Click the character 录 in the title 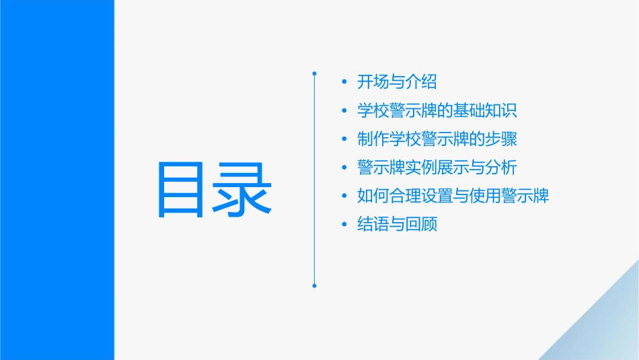pyautogui.click(x=243, y=189)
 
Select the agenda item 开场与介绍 pyautogui.click(x=397, y=82)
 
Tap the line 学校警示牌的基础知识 pyautogui.click(x=437, y=111)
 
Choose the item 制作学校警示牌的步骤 pyautogui.click(x=437, y=139)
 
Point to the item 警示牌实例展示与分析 pyautogui.click(x=437, y=168)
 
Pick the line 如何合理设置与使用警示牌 pyautogui.click(x=453, y=196)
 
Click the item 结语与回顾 pyautogui.click(x=397, y=224)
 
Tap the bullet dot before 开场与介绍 pyautogui.click(x=344, y=83)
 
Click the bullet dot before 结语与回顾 pyautogui.click(x=344, y=225)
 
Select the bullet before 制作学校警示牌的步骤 pyautogui.click(x=344, y=140)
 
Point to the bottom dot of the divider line pyautogui.click(x=314, y=286)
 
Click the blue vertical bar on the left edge pyautogui.click(x=57, y=180)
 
